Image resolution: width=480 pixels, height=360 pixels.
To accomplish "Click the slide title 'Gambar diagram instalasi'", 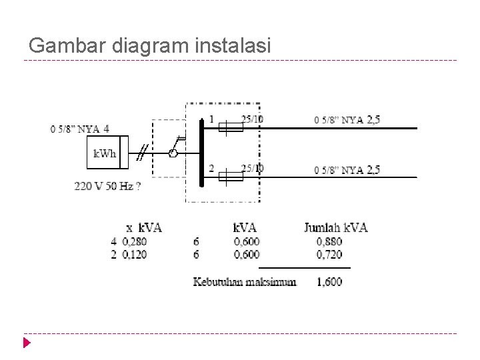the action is pyautogui.click(x=150, y=45).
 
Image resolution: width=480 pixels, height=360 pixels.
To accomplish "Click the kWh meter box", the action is pyautogui.click(x=104, y=155).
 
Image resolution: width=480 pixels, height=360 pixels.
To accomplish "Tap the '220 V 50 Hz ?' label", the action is pyautogui.click(x=107, y=187).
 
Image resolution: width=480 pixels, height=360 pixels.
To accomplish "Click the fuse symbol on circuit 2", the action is pyautogui.click(x=231, y=177).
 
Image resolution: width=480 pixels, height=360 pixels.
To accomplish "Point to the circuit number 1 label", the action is pyautogui.click(x=212, y=120).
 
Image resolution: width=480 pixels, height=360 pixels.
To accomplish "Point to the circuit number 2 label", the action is pyautogui.click(x=212, y=168).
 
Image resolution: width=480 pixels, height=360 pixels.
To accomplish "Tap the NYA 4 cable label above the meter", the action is pyautogui.click(x=80, y=129).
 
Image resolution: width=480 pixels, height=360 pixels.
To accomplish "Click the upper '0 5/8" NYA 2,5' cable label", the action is pyautogui.click(x=347, y=120).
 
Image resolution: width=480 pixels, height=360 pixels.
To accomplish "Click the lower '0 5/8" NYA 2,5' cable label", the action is pyautogui.click(x=347, y=170).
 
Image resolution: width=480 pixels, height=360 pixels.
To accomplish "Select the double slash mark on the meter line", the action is pyautogui.click(x=141, y=154).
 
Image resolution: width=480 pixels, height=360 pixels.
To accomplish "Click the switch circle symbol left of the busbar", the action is pyautogui.click(x=173, y=154).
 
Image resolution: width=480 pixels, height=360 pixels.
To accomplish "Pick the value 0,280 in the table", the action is pyautogui.click(x=135, y=241).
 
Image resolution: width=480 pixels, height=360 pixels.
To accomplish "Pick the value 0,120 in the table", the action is pyautogui.click(x=135, y=255).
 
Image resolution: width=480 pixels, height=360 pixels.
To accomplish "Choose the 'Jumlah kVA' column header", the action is pyautogui.click(x=335, y=227).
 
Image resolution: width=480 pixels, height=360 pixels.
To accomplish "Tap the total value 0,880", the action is pyautogui.click(x=329, y=241).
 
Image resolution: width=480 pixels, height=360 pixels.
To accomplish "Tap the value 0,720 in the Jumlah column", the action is pyautogui.click(x=329, y=255).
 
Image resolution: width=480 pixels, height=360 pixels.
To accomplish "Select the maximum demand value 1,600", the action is pyautogui.click(x=329, y=282).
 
